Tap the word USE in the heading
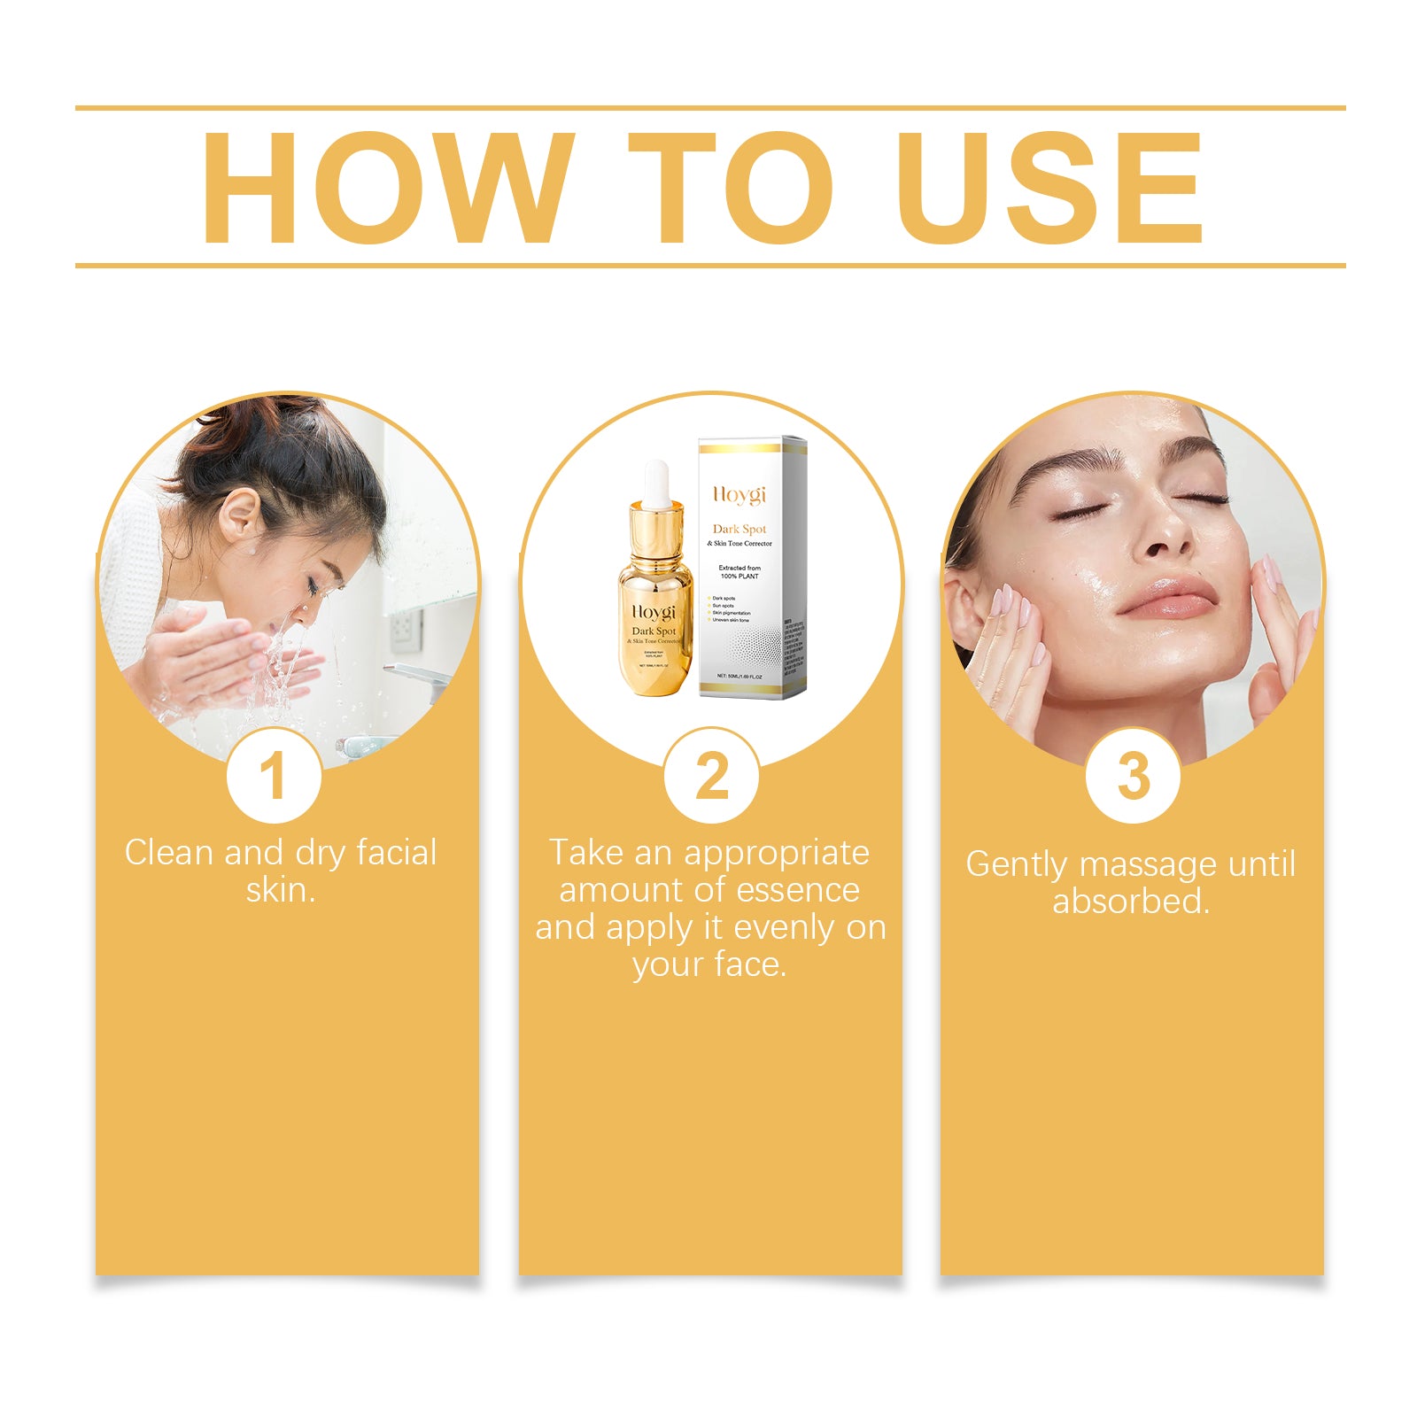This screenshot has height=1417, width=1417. (1049, 188)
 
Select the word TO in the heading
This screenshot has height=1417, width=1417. (730, 188)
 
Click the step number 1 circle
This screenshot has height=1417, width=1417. (274, 776)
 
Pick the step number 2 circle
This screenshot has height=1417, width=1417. (711, 776)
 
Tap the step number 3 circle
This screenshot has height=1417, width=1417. (1133, 776)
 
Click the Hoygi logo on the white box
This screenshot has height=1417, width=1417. (739, 494)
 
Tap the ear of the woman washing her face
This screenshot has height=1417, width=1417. (238, 515)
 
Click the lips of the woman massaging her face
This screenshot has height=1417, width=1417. (1167, 597)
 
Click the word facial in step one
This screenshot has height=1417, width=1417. (396, 852)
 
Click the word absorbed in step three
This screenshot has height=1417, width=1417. (1131, 902)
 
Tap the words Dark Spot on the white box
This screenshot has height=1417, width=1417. (739, 529)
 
